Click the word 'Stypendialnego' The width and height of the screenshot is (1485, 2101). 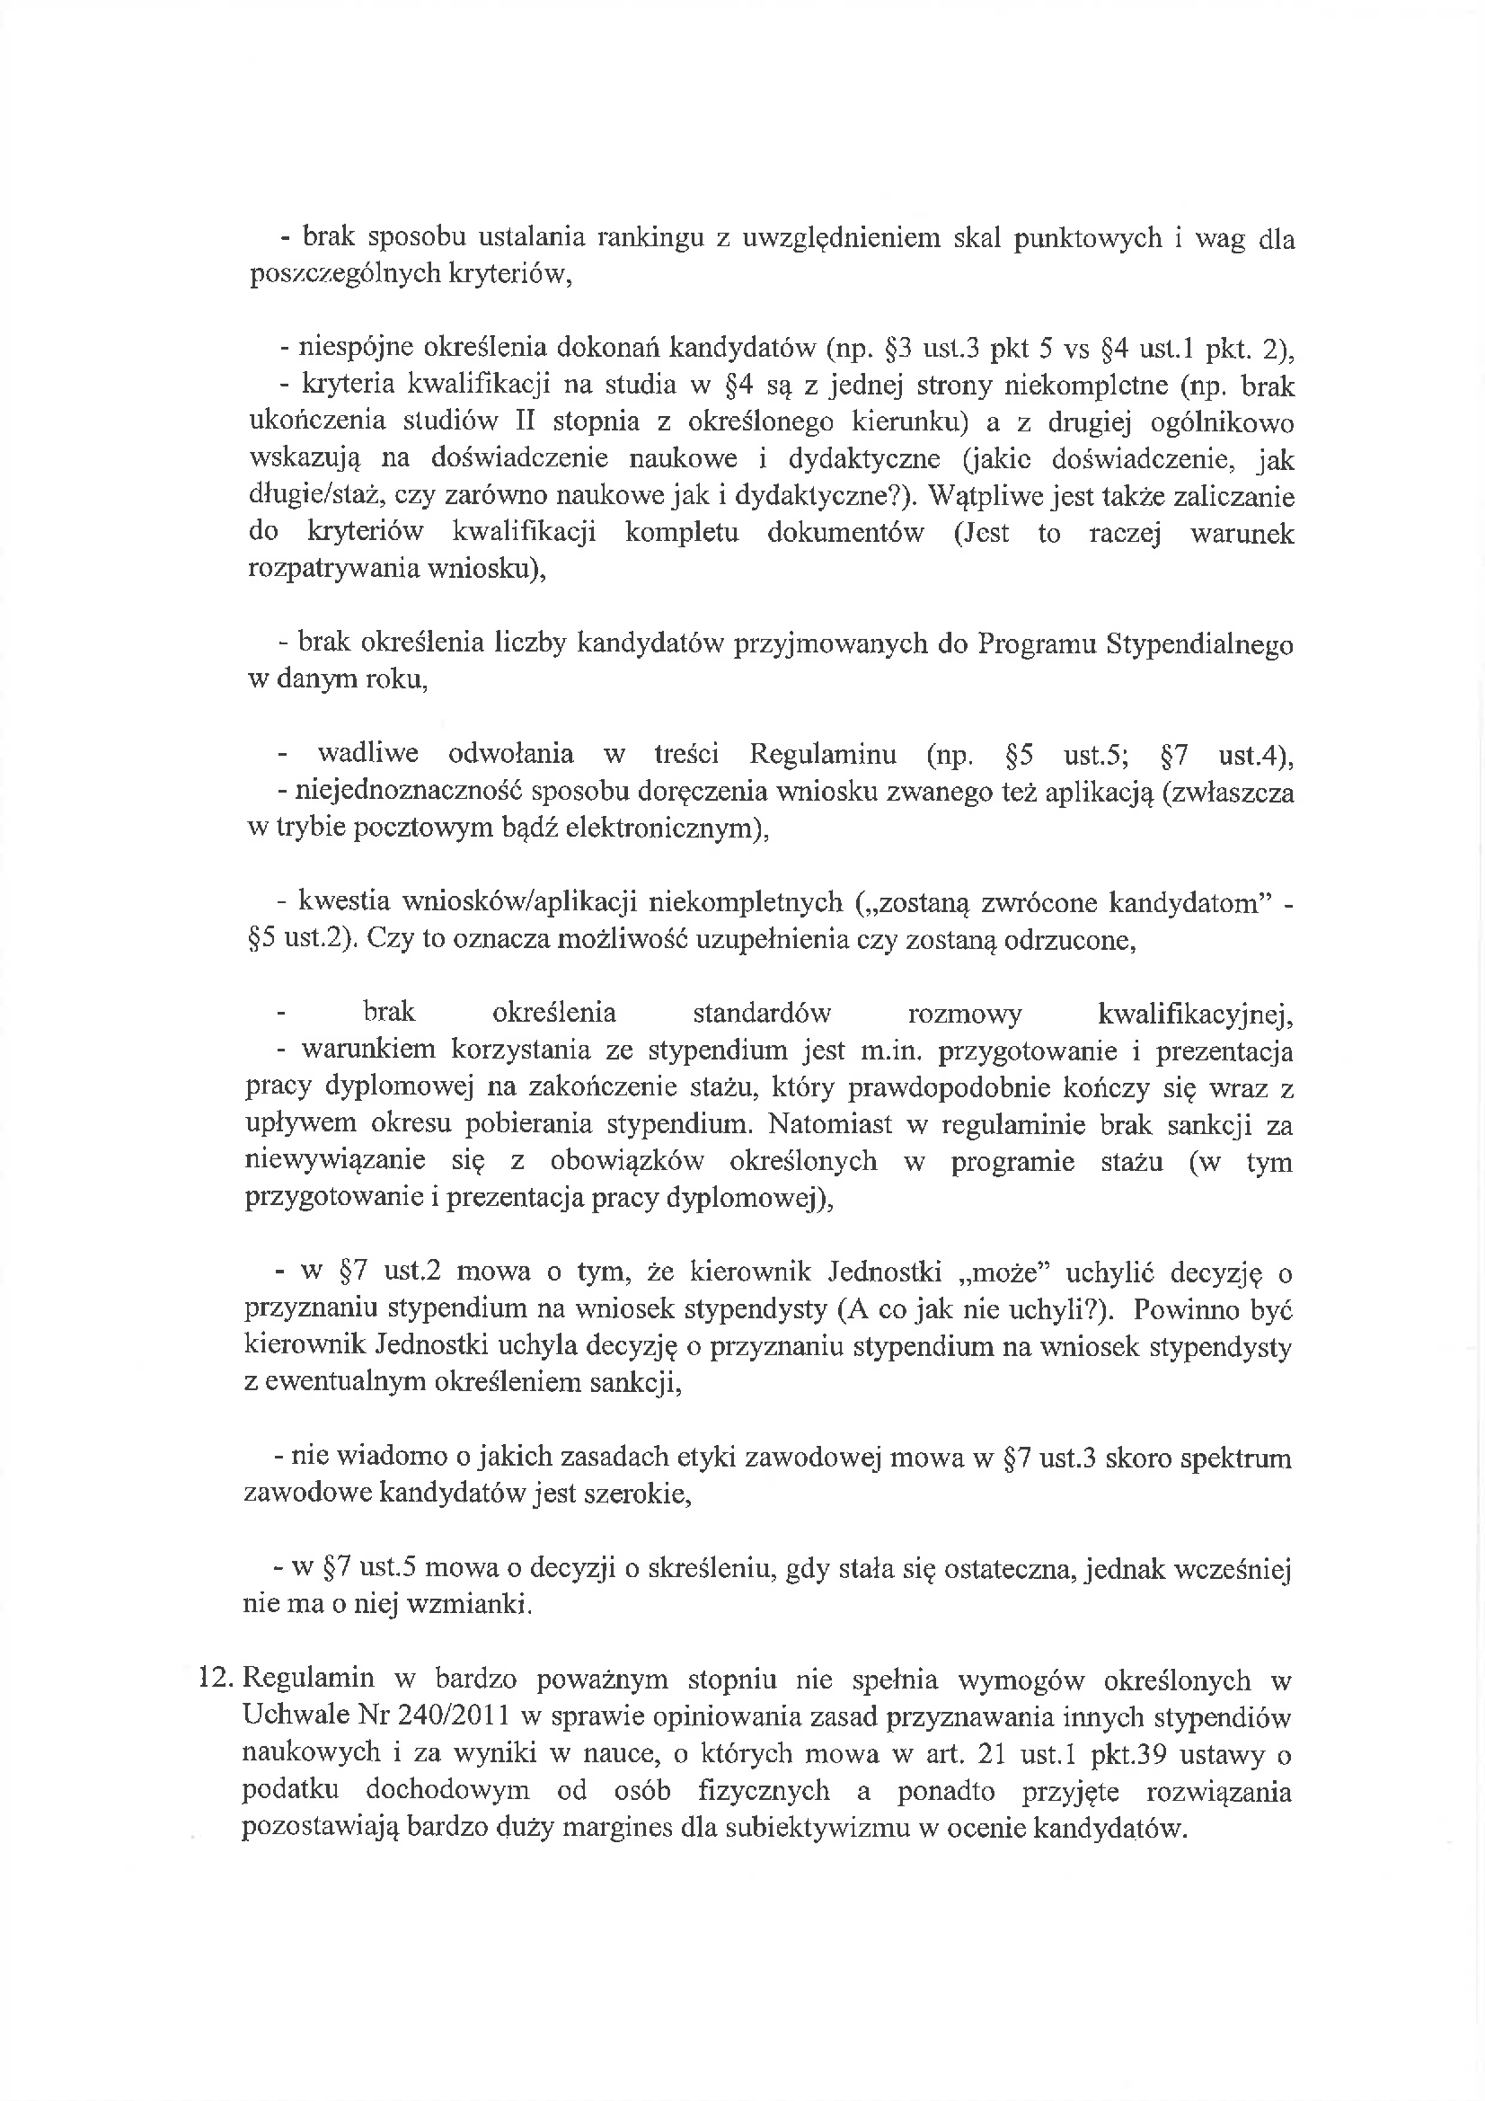pyautogui.click(x=1199, y=644)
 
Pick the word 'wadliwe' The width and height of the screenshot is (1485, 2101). pyautogui.click(x=367, y=754)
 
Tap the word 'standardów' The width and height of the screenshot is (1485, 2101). pyautogui.click(x=761, y=1013)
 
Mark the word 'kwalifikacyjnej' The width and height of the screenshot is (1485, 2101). pyautogui.click(x=1194, y=1014)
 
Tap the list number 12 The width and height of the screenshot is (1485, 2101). pyautogui.click(x=217, y=1680)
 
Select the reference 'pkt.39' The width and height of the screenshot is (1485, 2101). pyautogui.click(x=1175, y=1754)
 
